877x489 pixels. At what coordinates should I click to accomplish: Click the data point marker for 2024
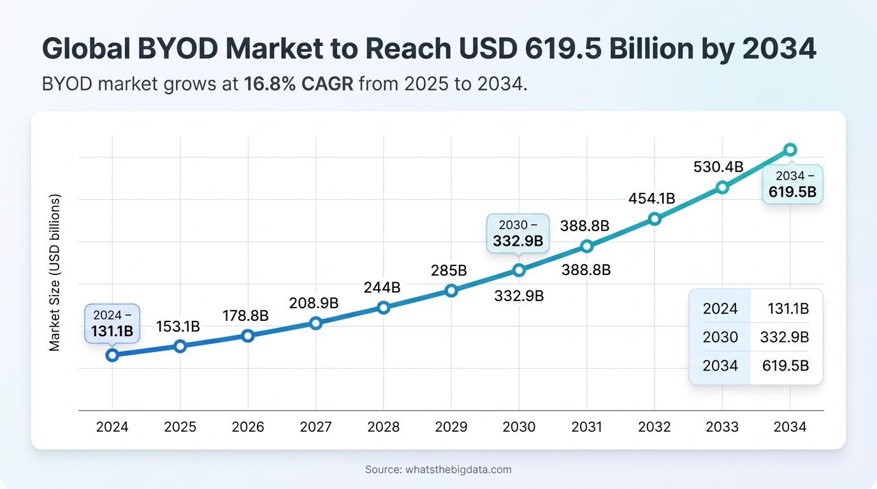point(112,355)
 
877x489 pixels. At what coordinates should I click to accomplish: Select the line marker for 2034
point(790,150)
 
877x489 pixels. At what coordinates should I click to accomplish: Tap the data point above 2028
point(384,308)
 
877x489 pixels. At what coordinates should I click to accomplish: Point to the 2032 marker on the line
point(655,219)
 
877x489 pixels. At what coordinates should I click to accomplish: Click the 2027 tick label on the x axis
point(315,427)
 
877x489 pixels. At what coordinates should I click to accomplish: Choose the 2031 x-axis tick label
point(586,427)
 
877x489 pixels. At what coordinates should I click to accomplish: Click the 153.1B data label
point(178,327)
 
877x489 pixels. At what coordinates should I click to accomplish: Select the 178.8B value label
point(245,316)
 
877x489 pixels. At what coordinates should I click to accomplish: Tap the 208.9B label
point(313,302)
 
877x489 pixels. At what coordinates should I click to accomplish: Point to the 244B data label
point(382,288)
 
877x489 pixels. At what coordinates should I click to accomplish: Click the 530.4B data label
point(718,167)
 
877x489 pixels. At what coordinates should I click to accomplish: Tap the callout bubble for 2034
point(792,184)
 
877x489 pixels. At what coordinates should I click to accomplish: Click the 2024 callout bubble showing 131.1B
point(112,323)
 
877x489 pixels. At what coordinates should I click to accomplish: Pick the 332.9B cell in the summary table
point(784,337)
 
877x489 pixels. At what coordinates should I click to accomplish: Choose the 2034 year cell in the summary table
point(720,365)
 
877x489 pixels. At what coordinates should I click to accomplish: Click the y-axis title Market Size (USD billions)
point(55,273)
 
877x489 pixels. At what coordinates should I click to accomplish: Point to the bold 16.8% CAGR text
point(298,83)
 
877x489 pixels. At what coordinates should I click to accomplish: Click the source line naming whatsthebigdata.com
point(438,470)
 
